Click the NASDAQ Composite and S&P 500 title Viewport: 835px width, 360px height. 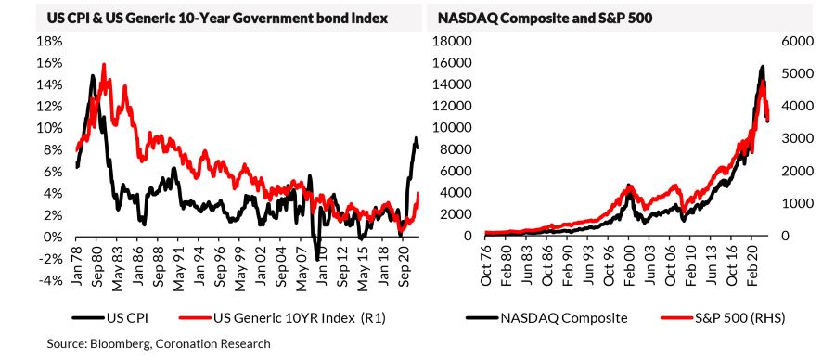[x=545, y=19]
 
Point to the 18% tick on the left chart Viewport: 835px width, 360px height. [x=49, y=42]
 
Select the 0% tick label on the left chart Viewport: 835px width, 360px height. [x=53, y=237]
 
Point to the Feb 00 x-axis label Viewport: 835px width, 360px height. [x=629, y=262]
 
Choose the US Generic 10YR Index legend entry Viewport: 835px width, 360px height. [x=282, y=318]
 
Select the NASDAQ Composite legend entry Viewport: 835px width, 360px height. [x=546, y=318]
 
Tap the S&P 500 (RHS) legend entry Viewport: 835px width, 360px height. [x=723, y=318]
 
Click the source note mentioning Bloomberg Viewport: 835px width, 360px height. [x=158, y=344]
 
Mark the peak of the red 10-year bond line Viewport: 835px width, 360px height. [x=104, y=64]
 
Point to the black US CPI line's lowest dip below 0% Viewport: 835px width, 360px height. [x=318, y=260]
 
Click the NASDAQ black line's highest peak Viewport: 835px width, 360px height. [x=763, y=66]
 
